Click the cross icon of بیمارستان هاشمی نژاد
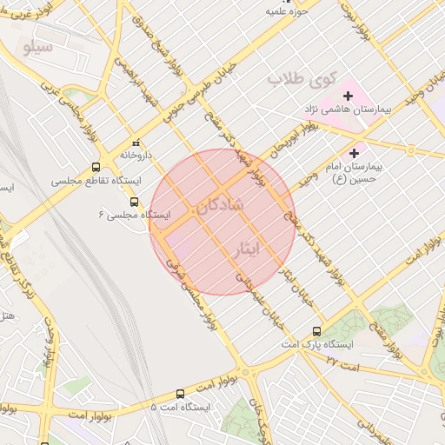(x=348, y=95)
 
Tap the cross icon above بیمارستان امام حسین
(x=354, y=153)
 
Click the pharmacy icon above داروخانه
(x=135, y=143)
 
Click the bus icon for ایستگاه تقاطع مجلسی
(x=95, y=167)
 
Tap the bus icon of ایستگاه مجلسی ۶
(x=133, y=202)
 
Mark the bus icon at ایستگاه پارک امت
(x=316, y=331)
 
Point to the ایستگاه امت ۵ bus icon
(x=180, y=393)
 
